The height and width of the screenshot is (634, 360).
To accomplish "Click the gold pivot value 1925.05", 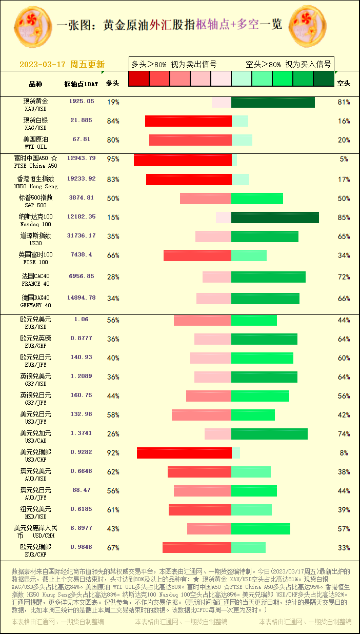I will click(x=82, y=102).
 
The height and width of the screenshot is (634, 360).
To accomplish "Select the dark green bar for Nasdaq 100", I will click(x=275, y=217).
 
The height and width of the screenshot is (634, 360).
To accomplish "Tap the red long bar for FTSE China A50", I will click(x=183, y=160).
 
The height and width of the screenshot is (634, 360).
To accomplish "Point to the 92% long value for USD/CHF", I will click(x=113, y=453).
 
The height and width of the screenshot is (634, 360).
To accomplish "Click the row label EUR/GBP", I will click(x=36, y=342).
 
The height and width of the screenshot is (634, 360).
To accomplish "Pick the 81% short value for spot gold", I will click(x=344, y=102).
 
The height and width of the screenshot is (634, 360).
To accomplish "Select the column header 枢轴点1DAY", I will click(x=81, y=84).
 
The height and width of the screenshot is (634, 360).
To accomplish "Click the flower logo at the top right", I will click(x=308, y=26).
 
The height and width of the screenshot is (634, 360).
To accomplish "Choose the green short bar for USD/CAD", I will click(x=269, y=434).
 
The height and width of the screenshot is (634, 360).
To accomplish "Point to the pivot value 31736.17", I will click(x=82, y=236).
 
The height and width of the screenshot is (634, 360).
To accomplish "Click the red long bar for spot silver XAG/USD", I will click(x=188, y=121).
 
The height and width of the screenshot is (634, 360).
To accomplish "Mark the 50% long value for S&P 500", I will click(x=113, y=199).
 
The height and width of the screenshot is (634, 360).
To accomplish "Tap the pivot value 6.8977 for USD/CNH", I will click(x=82, y=528).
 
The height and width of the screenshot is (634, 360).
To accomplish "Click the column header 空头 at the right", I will click(x=344, y=83).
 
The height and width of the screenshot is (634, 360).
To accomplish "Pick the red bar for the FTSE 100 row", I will click(x=197, y=255).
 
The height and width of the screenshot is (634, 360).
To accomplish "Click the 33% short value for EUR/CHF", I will click(x=344, y=548).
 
